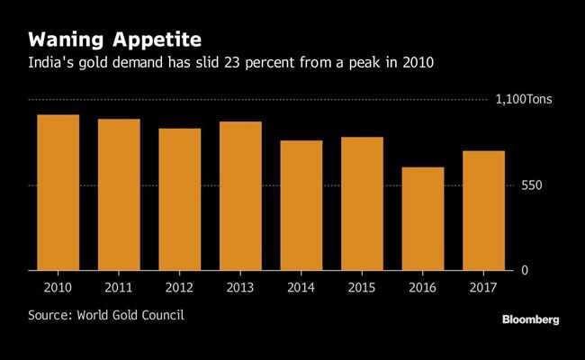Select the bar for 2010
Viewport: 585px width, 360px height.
click(x=58, y=193)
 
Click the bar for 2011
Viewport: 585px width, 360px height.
click(x=119, y=194)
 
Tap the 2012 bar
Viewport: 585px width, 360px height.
click(x=179, y=200)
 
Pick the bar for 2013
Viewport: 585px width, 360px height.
click(x=240, y=196)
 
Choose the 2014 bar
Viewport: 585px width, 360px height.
click(x=301, y=205)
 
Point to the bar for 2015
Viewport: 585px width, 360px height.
click(x=362, y=203)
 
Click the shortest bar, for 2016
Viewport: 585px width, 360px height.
click(x=422, y=219)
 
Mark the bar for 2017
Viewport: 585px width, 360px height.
click(x=483, y=211)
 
